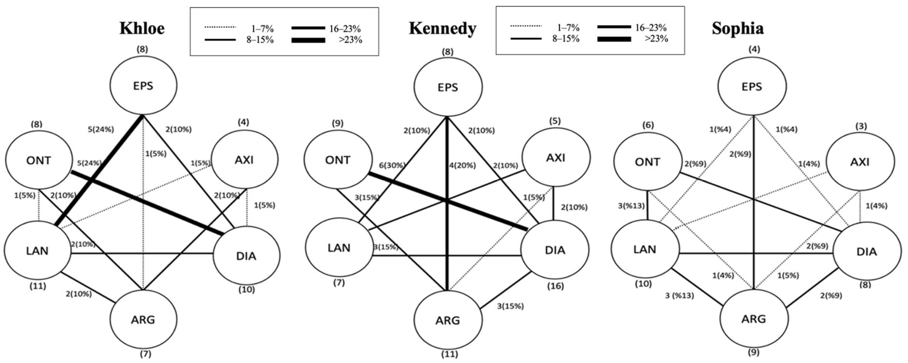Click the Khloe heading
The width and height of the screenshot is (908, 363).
(x=142, y=28)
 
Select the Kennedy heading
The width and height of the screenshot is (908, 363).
(x=442, y=28)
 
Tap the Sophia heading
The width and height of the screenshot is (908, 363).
(x=738, y=28)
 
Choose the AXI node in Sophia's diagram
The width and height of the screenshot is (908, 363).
(x=860, y=162)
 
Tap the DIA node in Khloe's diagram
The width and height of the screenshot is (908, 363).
(x=246, y=256)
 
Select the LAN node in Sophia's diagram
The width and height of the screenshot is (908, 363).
(x=645, y=249)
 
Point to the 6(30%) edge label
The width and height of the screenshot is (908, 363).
(x=392, y=165)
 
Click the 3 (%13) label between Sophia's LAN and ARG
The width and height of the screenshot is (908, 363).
(x=679, y=296)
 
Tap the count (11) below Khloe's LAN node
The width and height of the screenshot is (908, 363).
(x=38, y=286)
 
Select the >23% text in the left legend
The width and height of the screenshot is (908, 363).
(x=350, y=40)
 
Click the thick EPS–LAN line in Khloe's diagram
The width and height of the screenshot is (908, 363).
(x=106, y=162)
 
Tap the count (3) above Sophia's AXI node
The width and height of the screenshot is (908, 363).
(x=861, y=126)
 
